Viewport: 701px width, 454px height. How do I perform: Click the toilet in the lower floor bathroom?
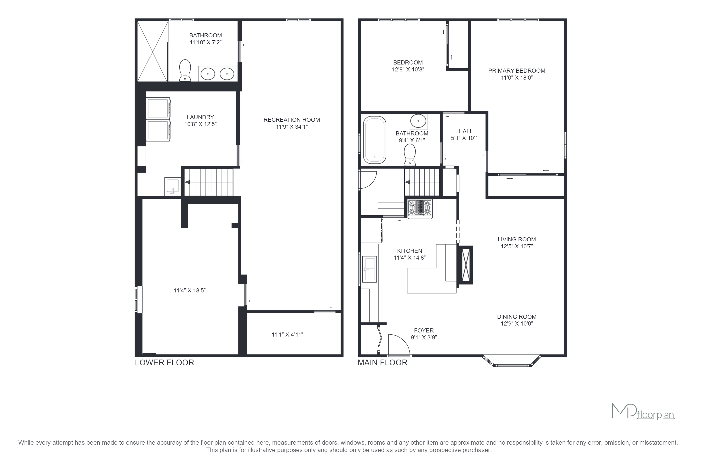[x=185, y=70]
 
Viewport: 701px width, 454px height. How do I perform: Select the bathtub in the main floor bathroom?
[x=375, y=140]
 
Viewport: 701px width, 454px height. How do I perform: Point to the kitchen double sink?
[x=369, y=269]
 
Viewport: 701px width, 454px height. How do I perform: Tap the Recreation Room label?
[x=292, y=120]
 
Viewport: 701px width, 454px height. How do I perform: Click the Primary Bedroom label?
[x=517, y=71]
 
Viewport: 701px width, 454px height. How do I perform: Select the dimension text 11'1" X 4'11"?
[x=287, y=335]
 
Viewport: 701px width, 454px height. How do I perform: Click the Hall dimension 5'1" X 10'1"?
[x=465, y=138]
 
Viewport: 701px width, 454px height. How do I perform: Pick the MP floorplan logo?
[x=643, y=411]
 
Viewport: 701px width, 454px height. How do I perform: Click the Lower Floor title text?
[x=164, y=363]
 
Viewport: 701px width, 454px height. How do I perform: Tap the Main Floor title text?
[x=382, y=363]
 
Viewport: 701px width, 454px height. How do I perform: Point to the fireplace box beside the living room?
[x=466, y=265]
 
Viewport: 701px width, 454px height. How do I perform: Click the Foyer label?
[x=424, y=331]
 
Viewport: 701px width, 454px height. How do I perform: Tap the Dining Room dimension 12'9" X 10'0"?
[x=517, y=323]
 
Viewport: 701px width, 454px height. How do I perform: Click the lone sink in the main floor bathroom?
[x=418, y=121]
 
